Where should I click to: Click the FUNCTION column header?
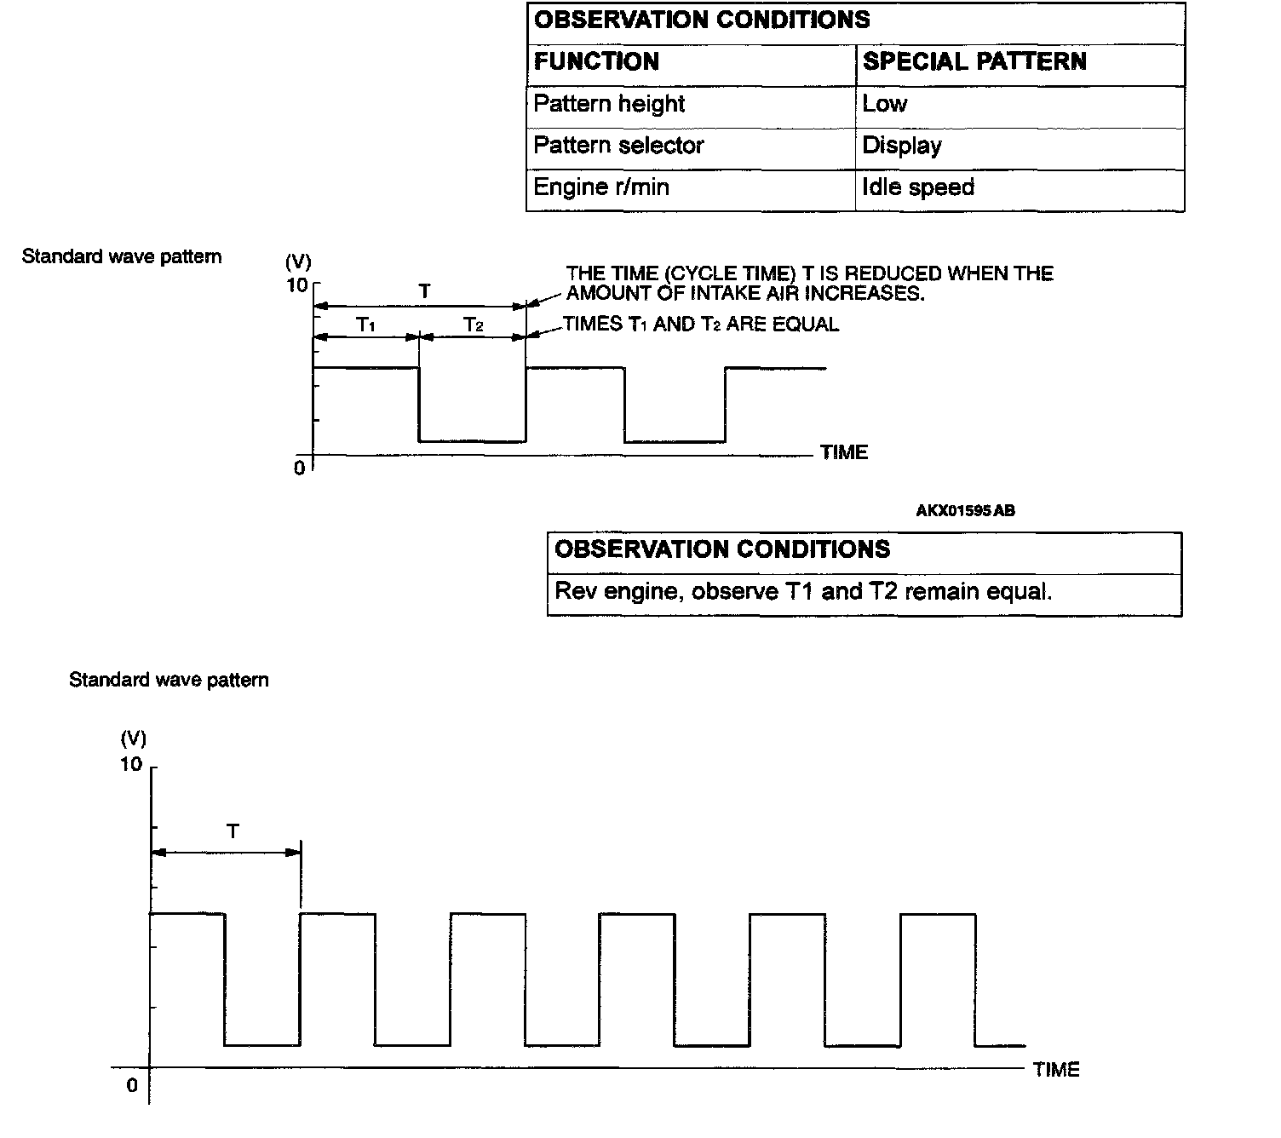pos(596,62)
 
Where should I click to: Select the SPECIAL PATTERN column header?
pos(974,62)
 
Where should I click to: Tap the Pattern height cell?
pos(609,104)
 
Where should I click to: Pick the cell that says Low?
pos(885,104)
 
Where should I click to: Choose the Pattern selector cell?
pos(618,146)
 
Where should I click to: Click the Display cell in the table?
pos(902,146)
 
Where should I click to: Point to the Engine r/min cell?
pos(601,187)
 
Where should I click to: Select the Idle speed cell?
pos(918,187)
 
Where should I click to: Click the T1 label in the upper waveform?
pos(366,325)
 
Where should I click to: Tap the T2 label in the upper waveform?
pos(474,325)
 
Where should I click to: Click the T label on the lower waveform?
pos(233,831)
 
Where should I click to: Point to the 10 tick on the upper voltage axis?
pos(297,284)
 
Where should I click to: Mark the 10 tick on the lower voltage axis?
pos(131,764)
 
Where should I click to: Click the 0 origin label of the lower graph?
pos(132,1086)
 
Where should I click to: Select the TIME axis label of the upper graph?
pos(844,453)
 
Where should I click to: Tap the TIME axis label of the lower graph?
pos(1056,1070)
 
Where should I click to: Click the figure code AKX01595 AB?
pos(965,511)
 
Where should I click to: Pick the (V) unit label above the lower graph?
pos(134,738)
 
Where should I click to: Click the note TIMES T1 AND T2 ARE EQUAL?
pos(701,325)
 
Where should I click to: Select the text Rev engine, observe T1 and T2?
pos(803,592)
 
